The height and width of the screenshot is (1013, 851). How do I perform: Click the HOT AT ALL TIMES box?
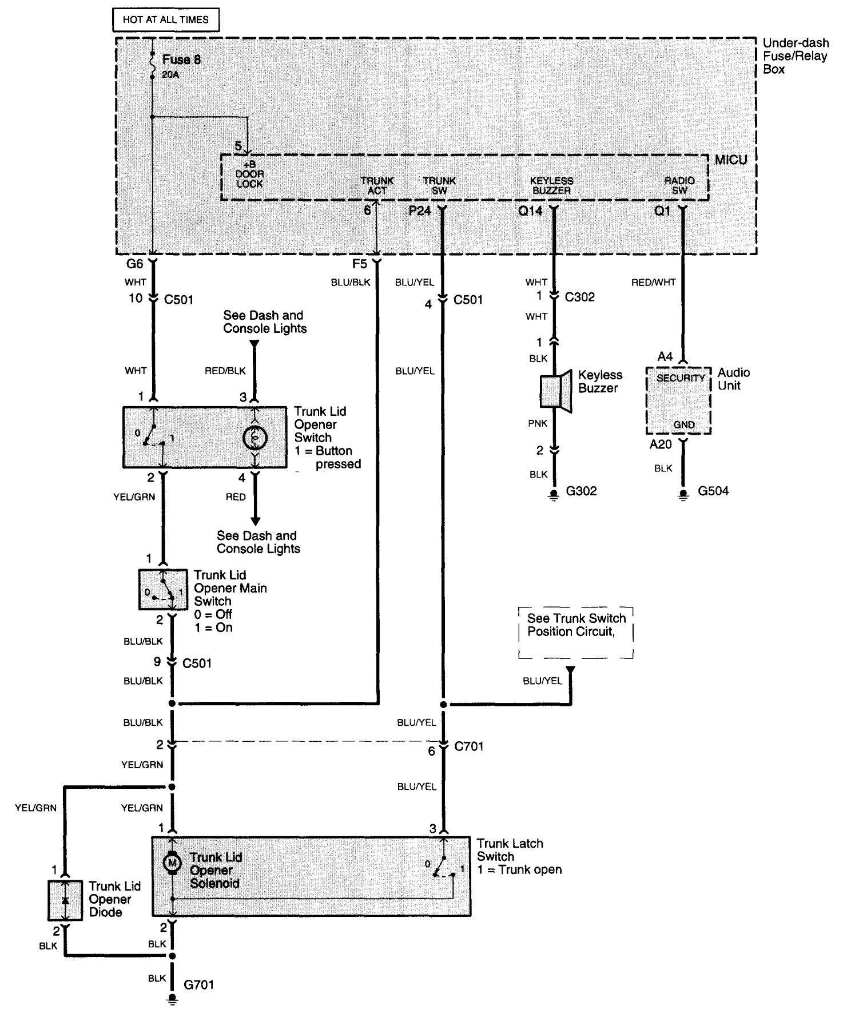pyautogui.click(x=166, y=19)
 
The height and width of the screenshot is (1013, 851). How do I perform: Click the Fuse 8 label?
pyautogui.click(x=181, y=59)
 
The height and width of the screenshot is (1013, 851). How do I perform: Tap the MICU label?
pyautogui.click(x=730, y=160)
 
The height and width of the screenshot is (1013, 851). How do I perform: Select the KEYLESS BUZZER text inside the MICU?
pyautogui.click(x=552, y=185)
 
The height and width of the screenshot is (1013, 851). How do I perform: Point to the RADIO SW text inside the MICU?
pyautogui.click(x=679, y=185)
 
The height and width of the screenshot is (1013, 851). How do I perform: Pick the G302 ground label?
pyautogui.click(x=581, y=491)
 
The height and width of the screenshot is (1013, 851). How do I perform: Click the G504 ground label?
pyautogui.click(x=713, y=491)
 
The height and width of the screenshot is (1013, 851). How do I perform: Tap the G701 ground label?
pyautogui.click(x=198, y=985)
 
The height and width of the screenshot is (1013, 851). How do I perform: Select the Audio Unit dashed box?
pyautogui.click(x=678, y=400)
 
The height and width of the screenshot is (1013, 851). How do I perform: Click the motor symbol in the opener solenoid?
pyautogui.click(x=172, y=862)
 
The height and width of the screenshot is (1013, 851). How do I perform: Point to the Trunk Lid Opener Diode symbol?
pyautogui.click(x=65, y=900)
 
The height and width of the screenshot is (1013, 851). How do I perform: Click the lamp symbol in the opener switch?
pyautogui.click(x=255, y=438)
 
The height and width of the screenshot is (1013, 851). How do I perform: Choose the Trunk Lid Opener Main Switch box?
pyautogui.click(x=162, y=590)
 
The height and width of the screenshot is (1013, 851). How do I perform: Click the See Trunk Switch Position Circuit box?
pyautogui.click(x=576, y=633)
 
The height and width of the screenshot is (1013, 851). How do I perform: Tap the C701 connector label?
pyautogui.click(x=468, y=746)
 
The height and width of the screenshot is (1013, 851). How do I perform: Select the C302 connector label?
pyautogui.click(x=579, y=297)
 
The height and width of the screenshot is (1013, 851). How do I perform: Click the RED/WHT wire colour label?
pyautogui.click(x=653, y=283)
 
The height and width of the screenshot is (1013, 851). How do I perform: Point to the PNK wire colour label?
pyautogui.click(x=538, y=424)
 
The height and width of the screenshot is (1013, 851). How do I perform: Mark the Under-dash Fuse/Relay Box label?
pyautogui.click(x=795, y=56)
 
